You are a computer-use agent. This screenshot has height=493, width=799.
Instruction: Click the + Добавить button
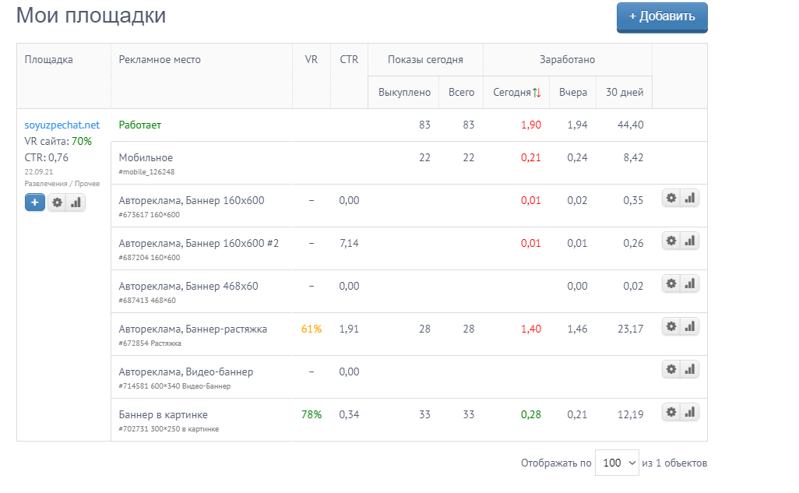662,16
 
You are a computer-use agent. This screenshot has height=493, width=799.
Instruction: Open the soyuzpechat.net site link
62,125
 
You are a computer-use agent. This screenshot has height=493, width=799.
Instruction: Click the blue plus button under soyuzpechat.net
35,202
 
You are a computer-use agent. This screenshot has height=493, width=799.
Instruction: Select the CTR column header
349,59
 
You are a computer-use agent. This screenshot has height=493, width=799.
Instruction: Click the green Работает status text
140,125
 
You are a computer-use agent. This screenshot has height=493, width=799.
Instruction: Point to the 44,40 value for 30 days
631,125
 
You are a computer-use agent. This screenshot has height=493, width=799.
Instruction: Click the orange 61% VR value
312,329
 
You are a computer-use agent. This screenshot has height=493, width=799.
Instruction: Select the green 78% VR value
312,414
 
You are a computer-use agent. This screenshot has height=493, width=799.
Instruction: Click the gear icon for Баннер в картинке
671,412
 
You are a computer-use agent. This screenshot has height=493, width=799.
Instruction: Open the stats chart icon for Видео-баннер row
690,369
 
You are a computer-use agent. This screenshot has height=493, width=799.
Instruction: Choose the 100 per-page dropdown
617,463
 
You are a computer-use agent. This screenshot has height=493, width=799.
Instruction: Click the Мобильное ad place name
146,157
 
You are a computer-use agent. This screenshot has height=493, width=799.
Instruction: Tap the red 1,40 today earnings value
530,329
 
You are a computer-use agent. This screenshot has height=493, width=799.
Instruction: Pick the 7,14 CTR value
349,243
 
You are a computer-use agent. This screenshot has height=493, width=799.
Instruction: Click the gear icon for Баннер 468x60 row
671,283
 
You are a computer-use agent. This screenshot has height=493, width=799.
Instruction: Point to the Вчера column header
573,92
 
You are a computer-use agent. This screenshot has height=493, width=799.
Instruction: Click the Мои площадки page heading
91,16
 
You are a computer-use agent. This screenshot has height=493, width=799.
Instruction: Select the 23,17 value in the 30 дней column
631,329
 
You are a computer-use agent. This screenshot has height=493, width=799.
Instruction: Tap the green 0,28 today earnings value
530,414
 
